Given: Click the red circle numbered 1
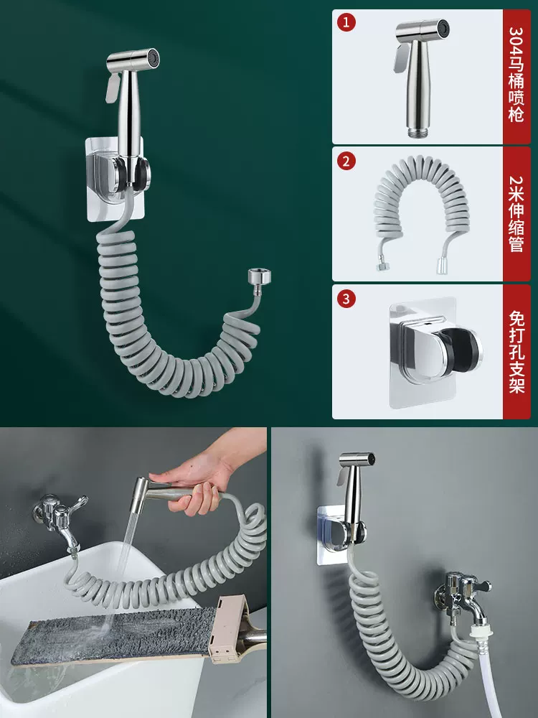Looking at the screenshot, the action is coord(346,22).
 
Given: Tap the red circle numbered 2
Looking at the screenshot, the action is coord(346,161).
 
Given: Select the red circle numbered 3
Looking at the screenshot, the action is coord(346,299).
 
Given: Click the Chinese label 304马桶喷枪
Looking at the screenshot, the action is coord(516,75).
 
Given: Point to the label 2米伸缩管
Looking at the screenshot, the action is coord(516,213).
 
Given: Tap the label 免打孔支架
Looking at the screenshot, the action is coord(516,352).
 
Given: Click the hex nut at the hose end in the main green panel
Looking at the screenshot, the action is coord(260,278).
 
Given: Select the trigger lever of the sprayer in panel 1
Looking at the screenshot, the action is coord(401,57).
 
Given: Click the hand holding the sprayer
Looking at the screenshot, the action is coord(202,481).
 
